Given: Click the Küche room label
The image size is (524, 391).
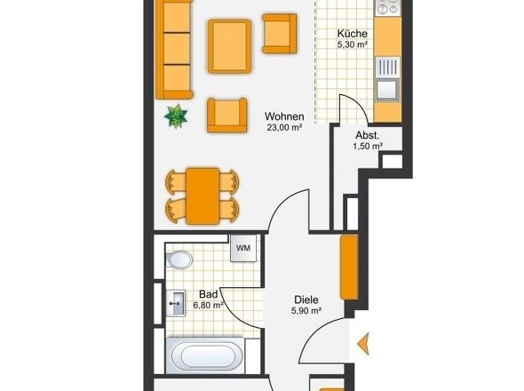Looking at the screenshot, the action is coord(353,34).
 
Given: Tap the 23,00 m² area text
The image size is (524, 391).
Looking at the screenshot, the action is coord(284,127).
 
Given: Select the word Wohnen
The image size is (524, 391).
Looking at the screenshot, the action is coord(284,116).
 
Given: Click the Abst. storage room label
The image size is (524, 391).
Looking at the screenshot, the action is coord(368,135).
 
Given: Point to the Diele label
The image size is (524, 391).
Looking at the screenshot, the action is coord(306,299).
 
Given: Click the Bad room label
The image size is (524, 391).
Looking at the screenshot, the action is coord(208,294).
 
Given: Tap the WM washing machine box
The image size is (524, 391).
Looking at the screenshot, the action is coord(243,248).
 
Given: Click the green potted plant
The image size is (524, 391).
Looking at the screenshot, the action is coord(176,116).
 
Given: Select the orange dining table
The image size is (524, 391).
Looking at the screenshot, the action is coord(202,196).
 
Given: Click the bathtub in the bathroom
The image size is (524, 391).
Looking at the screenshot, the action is coord(207,355).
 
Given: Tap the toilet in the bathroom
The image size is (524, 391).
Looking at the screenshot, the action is coord(179,259).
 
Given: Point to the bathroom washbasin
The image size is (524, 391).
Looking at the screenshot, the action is coord(176,303).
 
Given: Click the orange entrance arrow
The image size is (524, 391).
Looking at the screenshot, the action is coord(363,344).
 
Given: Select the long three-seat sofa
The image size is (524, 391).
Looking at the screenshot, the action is coord(174,50).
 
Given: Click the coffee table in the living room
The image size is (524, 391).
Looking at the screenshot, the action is coord(230,46).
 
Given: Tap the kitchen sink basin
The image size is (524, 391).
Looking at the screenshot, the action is coord(387,89).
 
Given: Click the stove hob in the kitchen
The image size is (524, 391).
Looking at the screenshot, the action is coord(387,7).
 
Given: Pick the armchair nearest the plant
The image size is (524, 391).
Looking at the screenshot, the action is coord(227,115).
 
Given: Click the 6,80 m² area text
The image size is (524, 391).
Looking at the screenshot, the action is coord(208,305).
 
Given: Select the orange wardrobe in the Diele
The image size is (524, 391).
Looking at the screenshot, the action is coord(349,267).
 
